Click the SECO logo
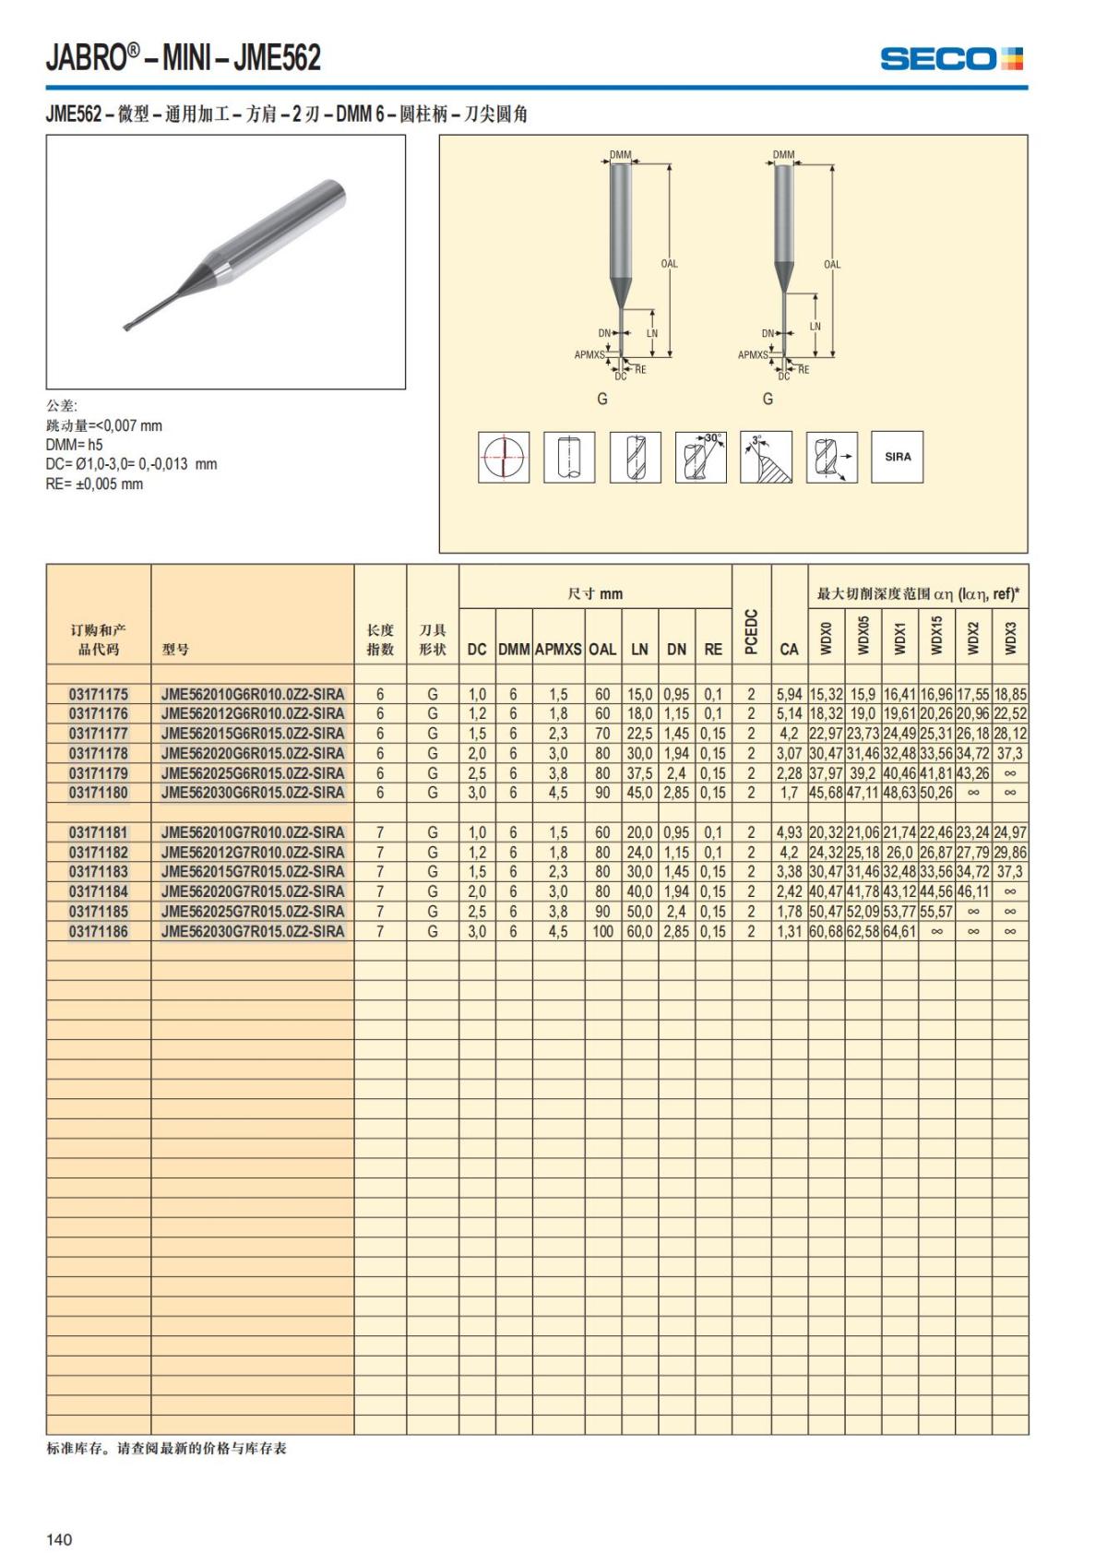pos(951,59)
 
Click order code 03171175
pos(99,694)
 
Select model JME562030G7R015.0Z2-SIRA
pos(252,931)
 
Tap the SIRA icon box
pos(897,457)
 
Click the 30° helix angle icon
pos(701,457)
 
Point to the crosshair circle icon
pos(504,457)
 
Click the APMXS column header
pos(558,649)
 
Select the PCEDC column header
pos(751,632)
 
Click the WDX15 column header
pos(936,636)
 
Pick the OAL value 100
pos(602,931)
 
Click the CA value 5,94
pos(789,694)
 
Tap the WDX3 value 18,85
pos(1010,694)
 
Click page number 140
pos(59,1539)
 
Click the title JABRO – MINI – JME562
pos(184,58)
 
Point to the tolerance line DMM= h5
pos(75,445)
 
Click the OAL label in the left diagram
pos(669,264)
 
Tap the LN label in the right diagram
pos(815,326)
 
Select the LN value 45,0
pos(639,793)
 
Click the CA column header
pos(789,649)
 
